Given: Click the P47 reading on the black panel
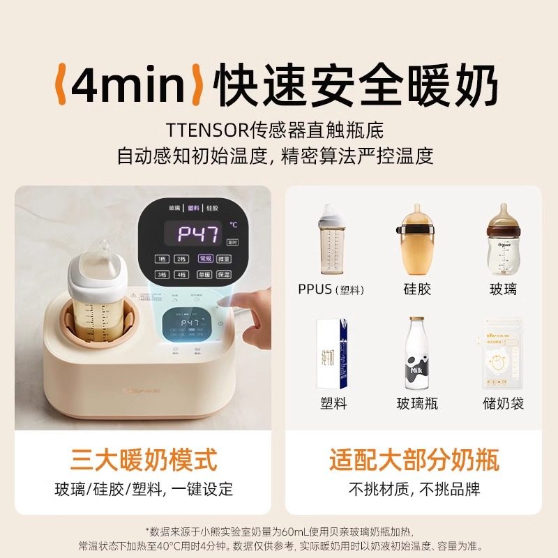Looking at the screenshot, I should point(197,234).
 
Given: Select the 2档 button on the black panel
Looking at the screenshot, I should point(181,259).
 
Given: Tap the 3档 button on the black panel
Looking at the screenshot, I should point(161,276).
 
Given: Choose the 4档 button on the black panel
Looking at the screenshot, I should point(181,276).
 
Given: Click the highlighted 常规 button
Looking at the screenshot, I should point(206,259).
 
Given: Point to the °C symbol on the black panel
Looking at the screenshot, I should point(234,225).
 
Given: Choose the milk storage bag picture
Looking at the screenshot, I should point(503,356).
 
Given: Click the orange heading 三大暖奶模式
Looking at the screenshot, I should point(144,460).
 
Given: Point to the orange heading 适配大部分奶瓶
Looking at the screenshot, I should point(414,460).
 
